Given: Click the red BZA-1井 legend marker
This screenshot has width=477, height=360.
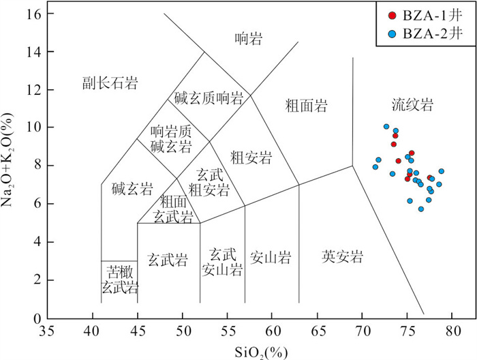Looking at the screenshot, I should click(x=391, y=15).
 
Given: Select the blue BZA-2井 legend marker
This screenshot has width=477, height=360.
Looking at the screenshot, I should click(x=391, y=33).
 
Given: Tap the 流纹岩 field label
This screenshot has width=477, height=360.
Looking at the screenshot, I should click(x=412, y=105).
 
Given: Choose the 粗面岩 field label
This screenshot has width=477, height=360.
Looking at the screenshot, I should click(x=307, y=106).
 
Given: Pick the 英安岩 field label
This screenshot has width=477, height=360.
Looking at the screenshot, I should click(x=343, y=257).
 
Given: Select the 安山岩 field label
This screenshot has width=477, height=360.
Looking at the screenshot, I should click(x=271, y=258).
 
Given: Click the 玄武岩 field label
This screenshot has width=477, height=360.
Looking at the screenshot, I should click(x=168, y=259).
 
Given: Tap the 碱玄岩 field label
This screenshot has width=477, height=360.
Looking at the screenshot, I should click(x=132, y=188).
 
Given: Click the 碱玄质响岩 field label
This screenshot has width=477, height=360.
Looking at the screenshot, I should click(x=209, y=98).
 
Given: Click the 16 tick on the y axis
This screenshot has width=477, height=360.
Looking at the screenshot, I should click(x=35, y=14).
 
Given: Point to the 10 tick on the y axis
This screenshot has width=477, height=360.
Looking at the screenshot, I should click(x=35, y=128).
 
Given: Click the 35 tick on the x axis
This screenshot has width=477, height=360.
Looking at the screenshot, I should click(x=47, y=331).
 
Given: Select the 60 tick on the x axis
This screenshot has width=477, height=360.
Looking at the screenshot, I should click(x=271, y=331).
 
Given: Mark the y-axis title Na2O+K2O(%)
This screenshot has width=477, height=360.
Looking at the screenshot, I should click(x=12, y=166).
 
